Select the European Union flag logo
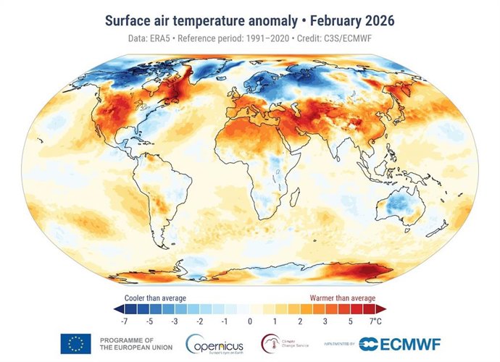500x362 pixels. [x=75, y=343]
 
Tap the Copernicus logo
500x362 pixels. [x=217, y=343]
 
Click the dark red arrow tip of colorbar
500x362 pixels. [x=380, y=308]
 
